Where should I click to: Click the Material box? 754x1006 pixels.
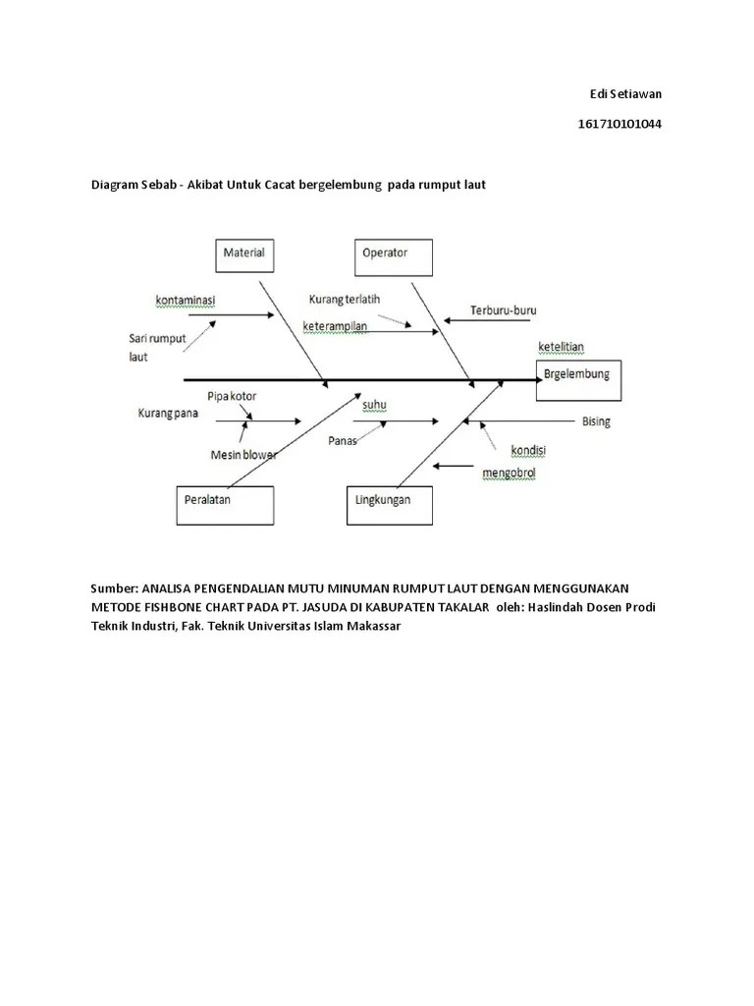coord(243,254)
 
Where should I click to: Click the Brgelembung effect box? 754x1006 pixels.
coord(578,380)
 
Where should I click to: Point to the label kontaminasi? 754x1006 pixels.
coord(186,298)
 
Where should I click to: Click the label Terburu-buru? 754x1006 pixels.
coord(503,309)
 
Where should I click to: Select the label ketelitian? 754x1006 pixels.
coord(562,347)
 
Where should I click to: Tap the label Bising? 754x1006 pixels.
coord(596,421)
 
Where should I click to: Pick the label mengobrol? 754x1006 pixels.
coord(509,474)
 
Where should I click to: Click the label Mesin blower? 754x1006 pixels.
coord(243,455)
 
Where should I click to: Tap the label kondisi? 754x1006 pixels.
coord(528,450)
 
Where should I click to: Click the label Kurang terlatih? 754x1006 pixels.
coord(344,299)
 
